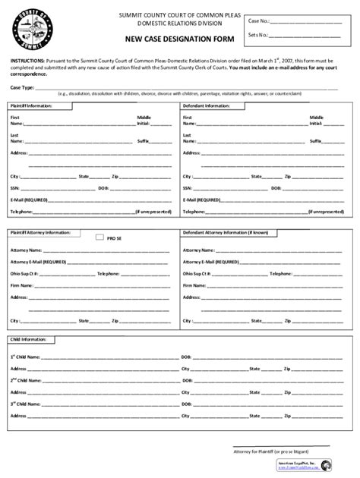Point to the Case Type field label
click(x=21, y=87)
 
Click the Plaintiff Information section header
click(x=31, y=105)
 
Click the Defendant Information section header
click(x=207, y=105)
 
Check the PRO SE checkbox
click(x=99, y=237)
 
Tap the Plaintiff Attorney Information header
click(x=39, y=232)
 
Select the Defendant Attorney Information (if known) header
click(x=226, y=232)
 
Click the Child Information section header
click(x=27, y=339)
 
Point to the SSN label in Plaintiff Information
click(x=15, y=187)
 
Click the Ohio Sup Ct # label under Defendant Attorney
click(x=197, y=272)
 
